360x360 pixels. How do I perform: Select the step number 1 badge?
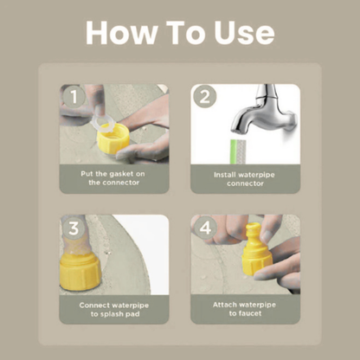coord(74,96)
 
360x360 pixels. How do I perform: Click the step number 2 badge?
coord(205,96)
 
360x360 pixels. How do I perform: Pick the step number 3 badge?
coord(74,228)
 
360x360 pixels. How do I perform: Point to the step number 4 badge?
coord(205,228)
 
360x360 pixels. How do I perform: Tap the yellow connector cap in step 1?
coord(113,139)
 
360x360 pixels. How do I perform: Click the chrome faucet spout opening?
coord(238,132)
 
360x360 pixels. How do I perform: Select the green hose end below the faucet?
coord(238,151)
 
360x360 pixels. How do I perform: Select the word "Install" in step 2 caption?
coord(225,175)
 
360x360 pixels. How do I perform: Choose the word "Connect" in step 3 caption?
coord(93,305)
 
